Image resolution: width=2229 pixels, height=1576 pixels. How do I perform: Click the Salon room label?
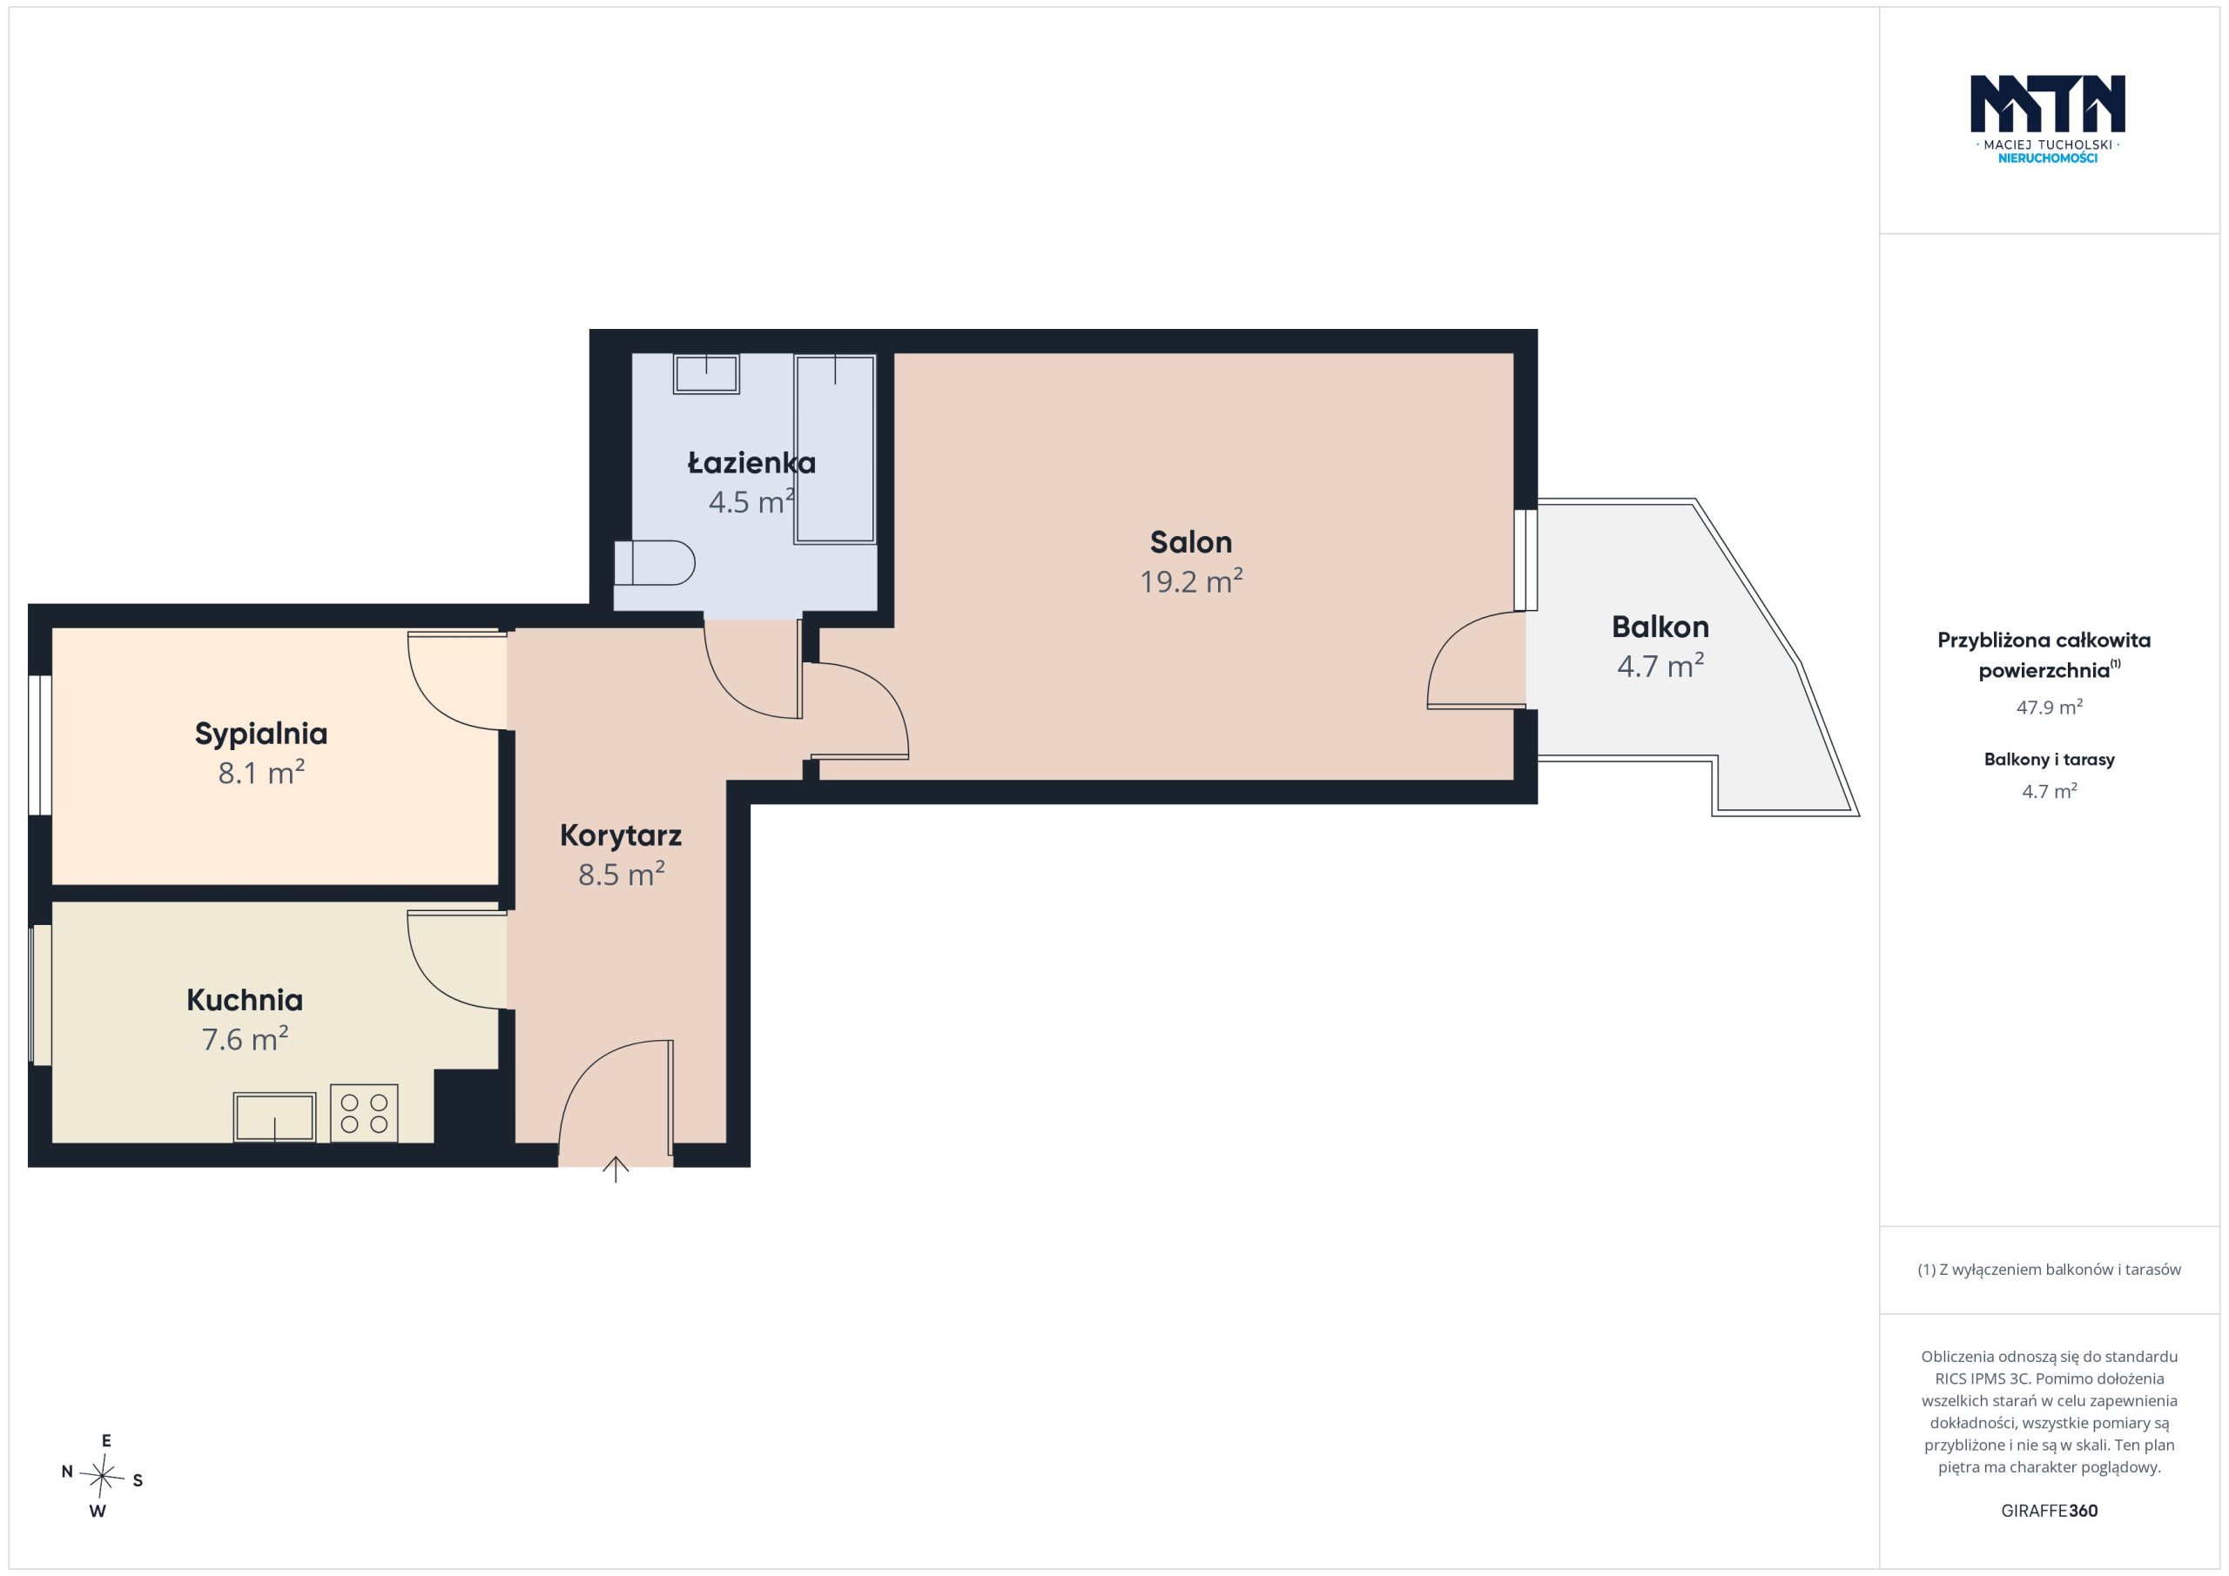tap(1190, 541)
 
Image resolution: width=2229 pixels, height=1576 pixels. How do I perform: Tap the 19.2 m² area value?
tap(1191, 580)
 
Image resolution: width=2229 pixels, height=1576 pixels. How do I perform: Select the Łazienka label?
tap(751, 463)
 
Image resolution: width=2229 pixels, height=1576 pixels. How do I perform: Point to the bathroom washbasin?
tap(706, 373)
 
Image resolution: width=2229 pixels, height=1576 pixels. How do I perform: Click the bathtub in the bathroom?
tap(835, 448)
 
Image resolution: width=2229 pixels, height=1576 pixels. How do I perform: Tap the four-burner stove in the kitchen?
tap(364, 1113)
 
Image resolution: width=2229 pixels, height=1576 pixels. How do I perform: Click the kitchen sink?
tap(275, 1117)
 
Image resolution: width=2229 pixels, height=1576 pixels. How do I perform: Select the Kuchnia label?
tap(245, 1000)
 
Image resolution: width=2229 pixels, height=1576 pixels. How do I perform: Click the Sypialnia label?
tap(261, 734)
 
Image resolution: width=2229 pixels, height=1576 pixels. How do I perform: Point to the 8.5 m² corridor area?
tap(622, 874)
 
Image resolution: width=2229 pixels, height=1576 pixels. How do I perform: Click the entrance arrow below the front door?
tap(616, 1170)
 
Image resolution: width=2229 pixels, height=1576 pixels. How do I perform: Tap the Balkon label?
tap(1660, 627)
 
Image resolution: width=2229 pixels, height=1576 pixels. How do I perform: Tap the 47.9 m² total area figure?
tap(2049, 708)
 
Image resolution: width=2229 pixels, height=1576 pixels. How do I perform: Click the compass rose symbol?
tap(102, 1476)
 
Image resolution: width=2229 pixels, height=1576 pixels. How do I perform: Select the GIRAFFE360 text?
tap(2050, 1511)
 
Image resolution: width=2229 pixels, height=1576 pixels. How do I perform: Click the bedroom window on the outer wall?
tap(40, 744)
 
